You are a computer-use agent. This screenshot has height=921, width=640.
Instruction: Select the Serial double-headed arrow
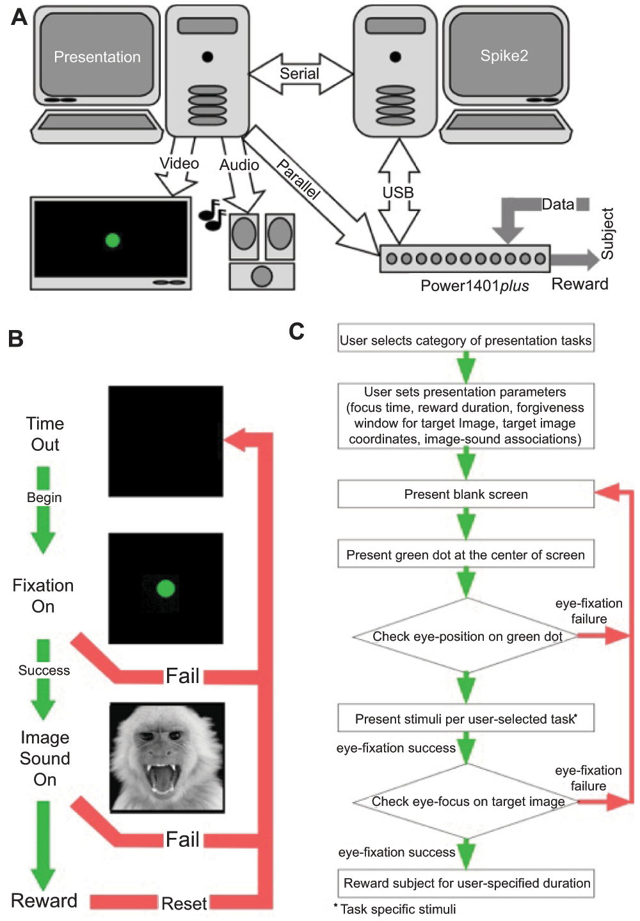click(x=300, y=74)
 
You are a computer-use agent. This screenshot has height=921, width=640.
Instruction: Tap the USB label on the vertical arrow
click(x=398, y=193)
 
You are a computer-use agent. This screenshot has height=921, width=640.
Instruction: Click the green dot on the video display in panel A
click(x=113, y=240)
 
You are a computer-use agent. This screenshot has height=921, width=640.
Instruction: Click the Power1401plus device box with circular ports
click(x=465, y=258)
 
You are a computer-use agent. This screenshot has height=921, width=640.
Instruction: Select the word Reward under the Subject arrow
click(x=580, y=284)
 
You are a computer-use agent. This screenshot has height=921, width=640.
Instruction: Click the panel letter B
click(x=16, y=338)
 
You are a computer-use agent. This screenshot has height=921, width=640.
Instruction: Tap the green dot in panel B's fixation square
click(x=166, y=588)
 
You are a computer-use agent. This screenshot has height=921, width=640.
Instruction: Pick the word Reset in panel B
click(x=184, y=903)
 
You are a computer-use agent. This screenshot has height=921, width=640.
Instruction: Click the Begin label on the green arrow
click(x=44, y=498)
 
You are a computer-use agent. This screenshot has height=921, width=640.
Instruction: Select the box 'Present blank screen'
click(x=466, y=494)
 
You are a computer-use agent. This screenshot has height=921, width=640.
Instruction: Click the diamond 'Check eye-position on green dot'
click(x=467, y=636)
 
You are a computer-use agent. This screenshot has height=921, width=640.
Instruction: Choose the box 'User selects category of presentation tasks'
click(x=466, y=340)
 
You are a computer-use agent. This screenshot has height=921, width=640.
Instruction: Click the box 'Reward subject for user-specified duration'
click(x=467, y=883)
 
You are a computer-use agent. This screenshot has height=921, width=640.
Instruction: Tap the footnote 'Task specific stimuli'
click(x=397, y=909)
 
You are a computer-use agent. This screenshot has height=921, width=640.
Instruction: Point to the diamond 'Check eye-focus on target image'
click(x=468, y=801)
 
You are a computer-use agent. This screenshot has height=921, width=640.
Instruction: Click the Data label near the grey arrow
click(x=558, y=205)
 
